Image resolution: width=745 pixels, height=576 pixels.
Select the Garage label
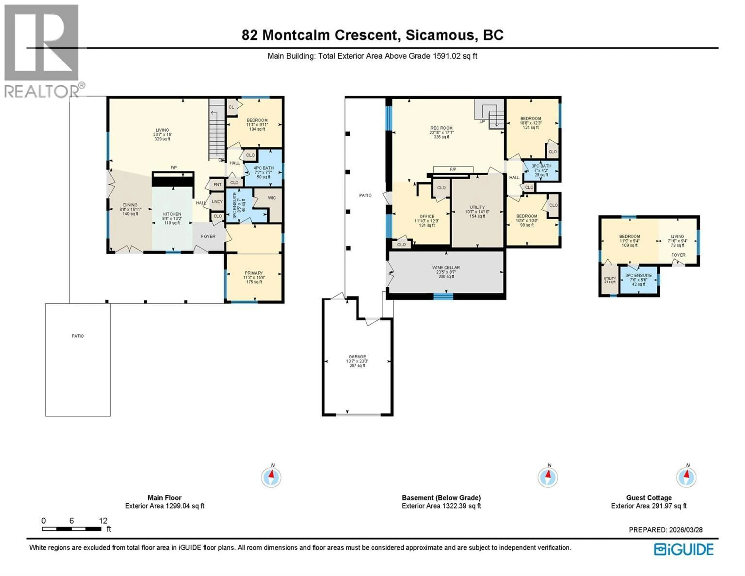click(x=357, y=357)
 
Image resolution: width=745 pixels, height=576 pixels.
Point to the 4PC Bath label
click(x=263, y=168)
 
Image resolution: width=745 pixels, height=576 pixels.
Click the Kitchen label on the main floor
click(x=172, y=214)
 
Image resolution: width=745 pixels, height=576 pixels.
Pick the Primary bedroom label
click(x=254, y=273)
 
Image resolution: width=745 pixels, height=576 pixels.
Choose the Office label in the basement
click(x=427, y=216)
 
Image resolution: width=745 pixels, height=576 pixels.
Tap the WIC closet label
click(x=272, y=198)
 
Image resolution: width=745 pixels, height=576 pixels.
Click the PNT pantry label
click(x=217, y=185)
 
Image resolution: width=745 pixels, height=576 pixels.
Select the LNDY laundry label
click(x=217, y=202)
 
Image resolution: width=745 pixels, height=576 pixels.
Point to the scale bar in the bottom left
click(x=72, y=529)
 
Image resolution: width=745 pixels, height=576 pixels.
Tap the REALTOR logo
click(x=42, y=51)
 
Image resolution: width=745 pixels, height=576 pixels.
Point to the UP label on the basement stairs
click(x=482, y=121)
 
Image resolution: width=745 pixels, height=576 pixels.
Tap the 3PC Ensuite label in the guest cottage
click(x=638, y=275)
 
